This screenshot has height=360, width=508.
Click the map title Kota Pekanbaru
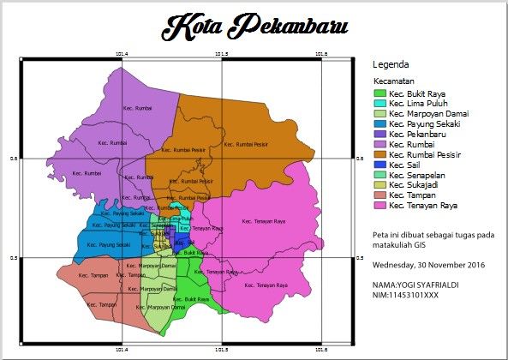[255, 27]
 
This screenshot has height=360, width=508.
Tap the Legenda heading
[391, 65]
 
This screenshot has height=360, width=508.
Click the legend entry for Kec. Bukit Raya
[416, 93]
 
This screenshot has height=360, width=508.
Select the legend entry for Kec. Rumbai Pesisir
[424, 155]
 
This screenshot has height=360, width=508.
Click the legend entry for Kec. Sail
[404, 165]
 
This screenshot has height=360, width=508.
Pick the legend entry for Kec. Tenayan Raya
[422, 206]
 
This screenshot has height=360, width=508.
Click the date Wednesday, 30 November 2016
[428, 265]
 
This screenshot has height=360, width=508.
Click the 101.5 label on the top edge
[221, 54]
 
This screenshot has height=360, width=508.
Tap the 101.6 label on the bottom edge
[321, 350]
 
